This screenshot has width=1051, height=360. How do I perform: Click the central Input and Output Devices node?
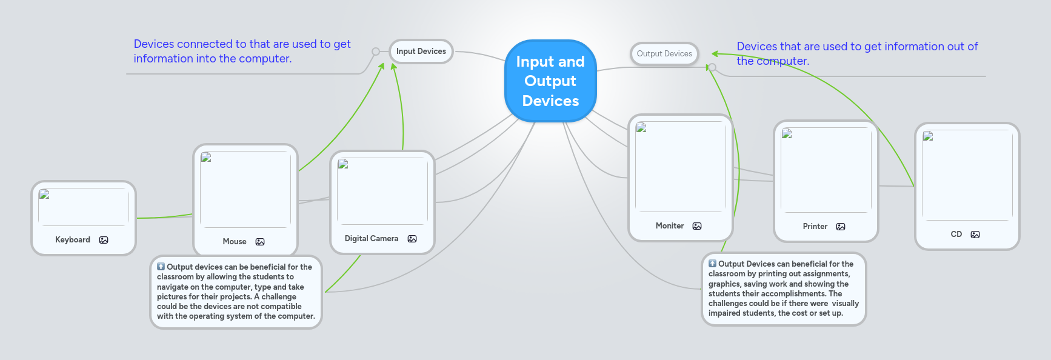pos(550,81)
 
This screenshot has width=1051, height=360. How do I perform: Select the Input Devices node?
pos(421,52)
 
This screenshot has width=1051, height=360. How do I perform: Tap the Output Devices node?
pos(664,54)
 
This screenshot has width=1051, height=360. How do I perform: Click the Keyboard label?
pos(73,240)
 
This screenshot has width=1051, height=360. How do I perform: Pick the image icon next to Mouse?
pos(260,242)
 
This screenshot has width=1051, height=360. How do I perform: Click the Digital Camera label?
pos(372,239)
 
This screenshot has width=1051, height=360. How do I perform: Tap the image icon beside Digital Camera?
pos(412,239)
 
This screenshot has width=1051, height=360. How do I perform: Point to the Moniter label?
pos(670,226)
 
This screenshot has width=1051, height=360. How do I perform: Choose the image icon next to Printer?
pos(841,227)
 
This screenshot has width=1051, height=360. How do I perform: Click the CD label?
pos(956,235)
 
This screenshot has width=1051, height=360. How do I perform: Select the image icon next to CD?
pos(975,235)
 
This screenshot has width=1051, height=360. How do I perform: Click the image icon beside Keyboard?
pos(104,240)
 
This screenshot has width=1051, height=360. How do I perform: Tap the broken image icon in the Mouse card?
pos(206,158)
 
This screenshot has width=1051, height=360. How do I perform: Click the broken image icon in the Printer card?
pos(787,134)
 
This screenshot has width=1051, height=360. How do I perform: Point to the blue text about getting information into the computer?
pos(242,52)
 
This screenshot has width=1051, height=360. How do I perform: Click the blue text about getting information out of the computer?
pos(857,54)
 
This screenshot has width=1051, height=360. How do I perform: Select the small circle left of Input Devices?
pos(376,52)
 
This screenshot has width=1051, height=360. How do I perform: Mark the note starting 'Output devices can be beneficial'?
pos(236,292)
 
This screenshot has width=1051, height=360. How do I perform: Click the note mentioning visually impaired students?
pos(784,288)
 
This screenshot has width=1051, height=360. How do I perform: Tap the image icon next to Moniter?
pos(697,226)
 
